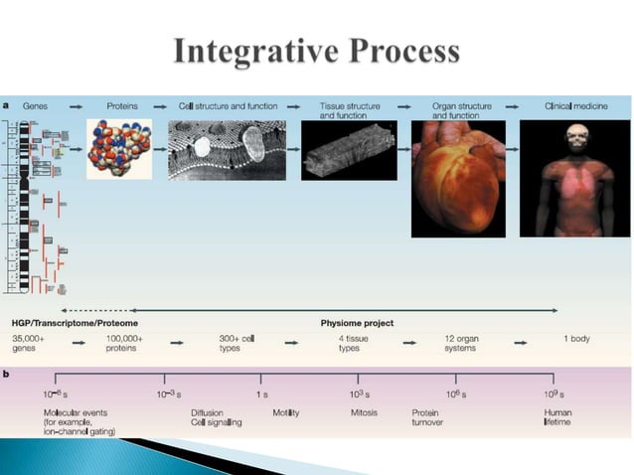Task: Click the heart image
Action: [x=456, y=179]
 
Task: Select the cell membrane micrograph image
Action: [x=228, y=150]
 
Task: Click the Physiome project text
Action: [x=357, y=323]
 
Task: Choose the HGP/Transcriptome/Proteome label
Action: [x=75, y=323]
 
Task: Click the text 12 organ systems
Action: [x=461, y=344]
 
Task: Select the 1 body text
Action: [x=576, y=339]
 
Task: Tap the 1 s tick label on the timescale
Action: [x=261, y=395]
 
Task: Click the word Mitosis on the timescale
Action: [x=364, y=411]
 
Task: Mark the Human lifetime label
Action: [x=557, y=416]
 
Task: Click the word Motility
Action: [x=286, y=411]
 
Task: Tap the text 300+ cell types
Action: [x=238, y=344]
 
